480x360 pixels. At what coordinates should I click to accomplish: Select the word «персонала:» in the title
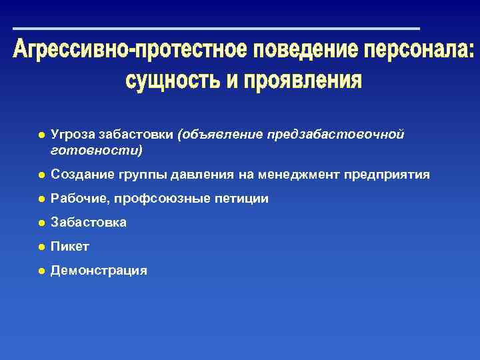tap(420, 52)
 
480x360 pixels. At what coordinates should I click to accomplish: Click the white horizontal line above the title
tap(217, 29)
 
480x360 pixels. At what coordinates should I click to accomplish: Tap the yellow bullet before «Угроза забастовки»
tap(41, 135)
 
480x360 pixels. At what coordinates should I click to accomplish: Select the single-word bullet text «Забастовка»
tap(89, 222)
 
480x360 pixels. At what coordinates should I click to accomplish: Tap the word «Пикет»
tap(70, 247)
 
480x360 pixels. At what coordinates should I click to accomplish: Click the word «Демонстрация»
tap(99, 271)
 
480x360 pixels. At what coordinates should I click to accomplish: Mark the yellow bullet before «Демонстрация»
tap(41, 271)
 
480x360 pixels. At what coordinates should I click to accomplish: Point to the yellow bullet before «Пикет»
tap(41, 247)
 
